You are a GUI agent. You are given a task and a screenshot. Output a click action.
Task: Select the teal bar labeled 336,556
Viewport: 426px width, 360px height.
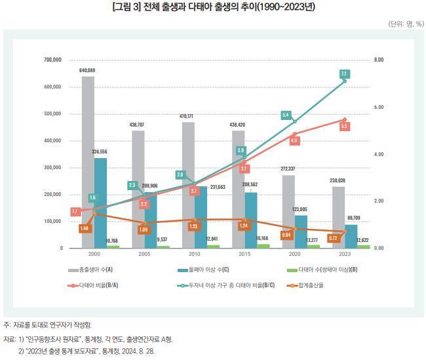[100, 203]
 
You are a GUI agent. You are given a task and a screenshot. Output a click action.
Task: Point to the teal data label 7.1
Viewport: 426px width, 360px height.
[343, 74]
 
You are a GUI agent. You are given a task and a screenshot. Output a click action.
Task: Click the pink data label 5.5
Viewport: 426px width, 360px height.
[344, 125]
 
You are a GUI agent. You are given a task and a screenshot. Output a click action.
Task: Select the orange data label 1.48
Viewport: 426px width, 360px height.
[85, 228]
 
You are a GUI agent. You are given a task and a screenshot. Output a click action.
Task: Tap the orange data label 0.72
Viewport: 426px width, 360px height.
[333, 237]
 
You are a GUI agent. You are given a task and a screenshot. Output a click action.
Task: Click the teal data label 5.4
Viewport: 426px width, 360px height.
[286, 115]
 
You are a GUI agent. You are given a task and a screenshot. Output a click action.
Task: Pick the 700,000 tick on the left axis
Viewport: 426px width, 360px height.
[52, 60]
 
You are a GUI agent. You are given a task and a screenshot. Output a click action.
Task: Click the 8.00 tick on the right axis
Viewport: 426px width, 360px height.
[379, 60]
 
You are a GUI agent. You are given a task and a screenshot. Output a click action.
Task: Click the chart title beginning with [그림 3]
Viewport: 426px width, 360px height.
[212, 8]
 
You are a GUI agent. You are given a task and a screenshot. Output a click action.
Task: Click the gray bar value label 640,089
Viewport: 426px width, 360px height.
[87, 70]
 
